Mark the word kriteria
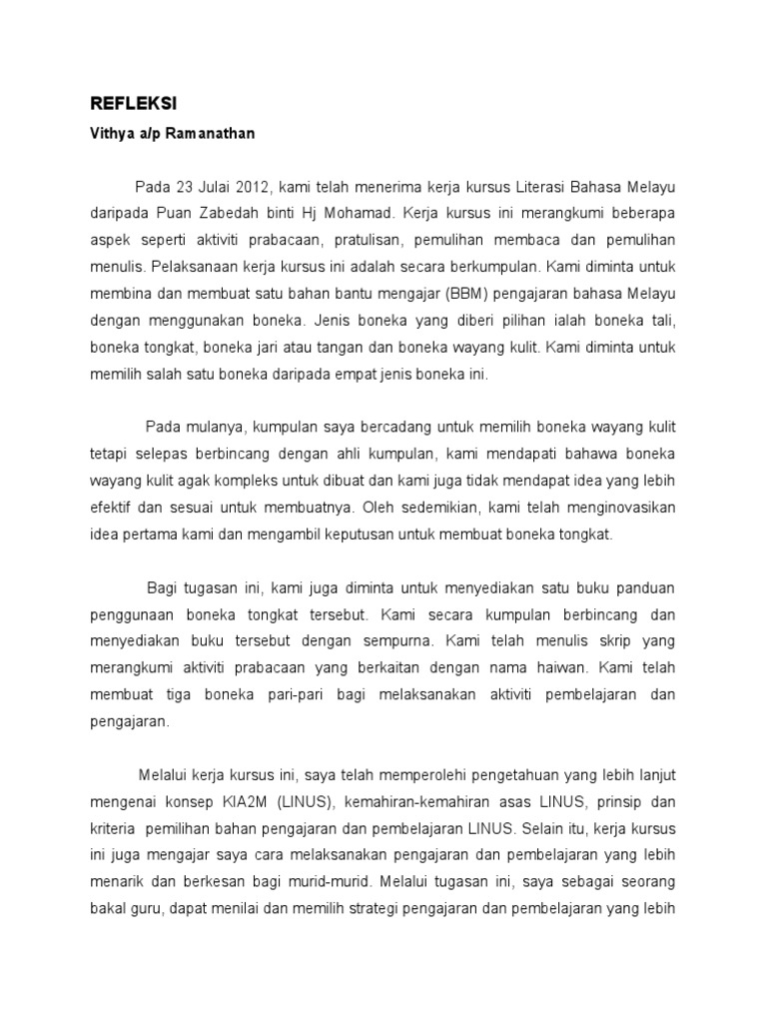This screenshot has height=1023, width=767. tap(117, 828)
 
